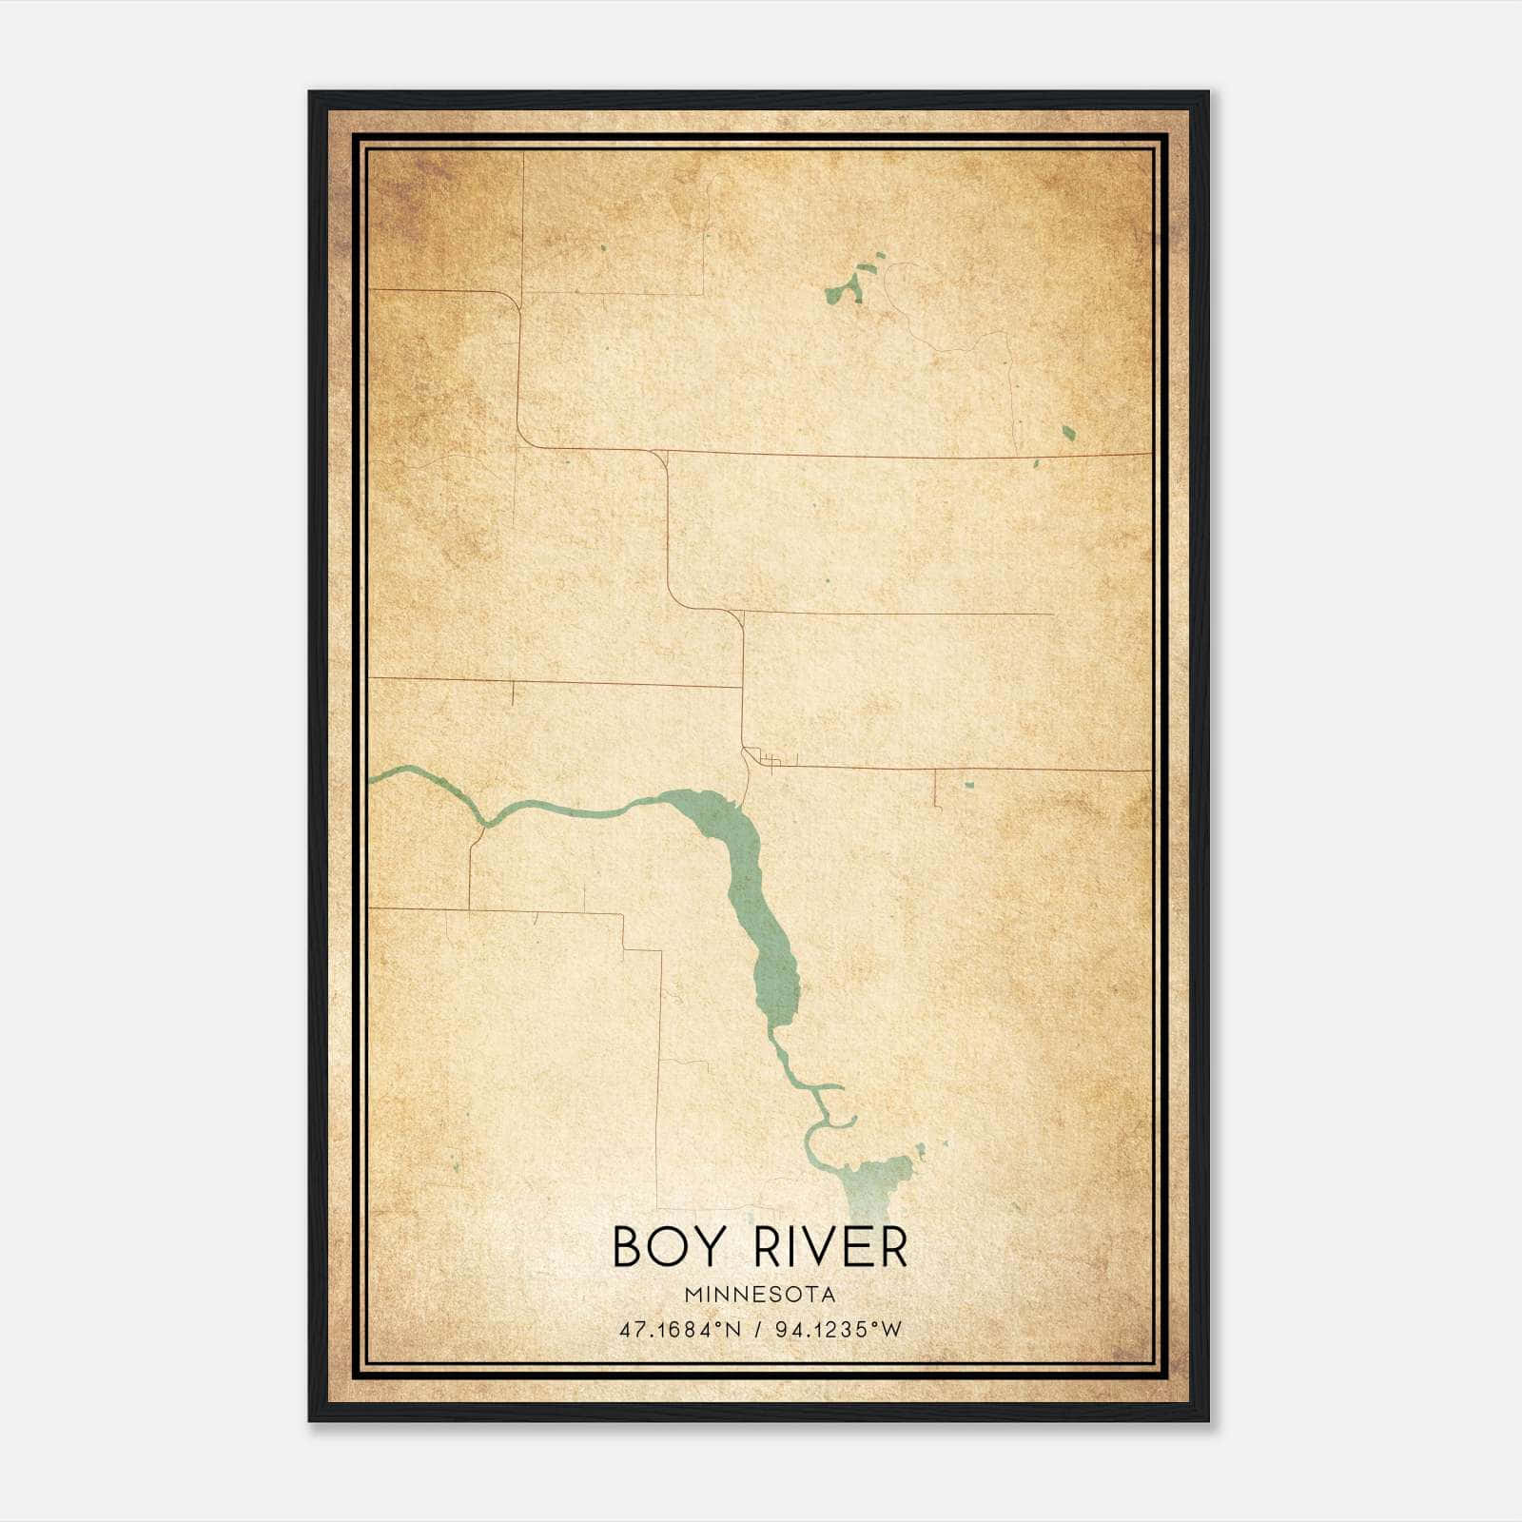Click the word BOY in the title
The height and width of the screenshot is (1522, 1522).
671,1247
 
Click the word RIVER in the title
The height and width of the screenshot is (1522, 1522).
830,1247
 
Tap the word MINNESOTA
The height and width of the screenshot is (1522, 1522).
759,1295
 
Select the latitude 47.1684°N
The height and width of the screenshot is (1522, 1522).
679,1330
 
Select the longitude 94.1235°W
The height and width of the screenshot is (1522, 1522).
838,1330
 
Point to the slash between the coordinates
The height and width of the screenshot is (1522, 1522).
759,1330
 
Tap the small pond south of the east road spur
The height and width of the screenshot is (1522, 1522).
969,785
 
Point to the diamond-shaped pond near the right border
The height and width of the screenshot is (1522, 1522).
1068,433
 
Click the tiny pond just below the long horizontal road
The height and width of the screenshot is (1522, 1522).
1036,464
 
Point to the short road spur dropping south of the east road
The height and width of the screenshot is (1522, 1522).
936,789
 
